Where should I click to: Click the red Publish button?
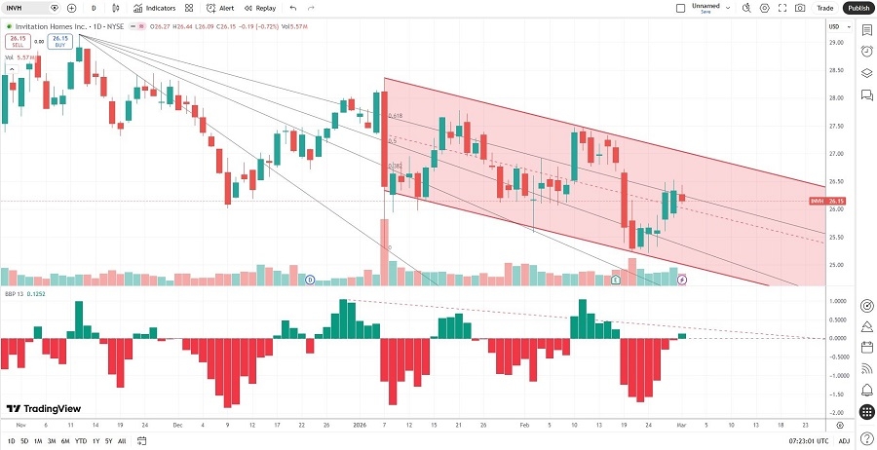tap(858, 8)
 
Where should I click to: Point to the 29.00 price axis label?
tap(835, 43)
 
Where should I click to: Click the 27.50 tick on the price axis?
tap(835, 126)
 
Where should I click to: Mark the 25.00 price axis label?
tap(835, 265)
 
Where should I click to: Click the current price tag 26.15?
tap(835, 201)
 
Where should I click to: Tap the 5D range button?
tap(23, 441)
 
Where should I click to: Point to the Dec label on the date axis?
tap(177, 425)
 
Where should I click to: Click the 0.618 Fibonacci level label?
tap(395, 116)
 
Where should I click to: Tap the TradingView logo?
tap(45, 410)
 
